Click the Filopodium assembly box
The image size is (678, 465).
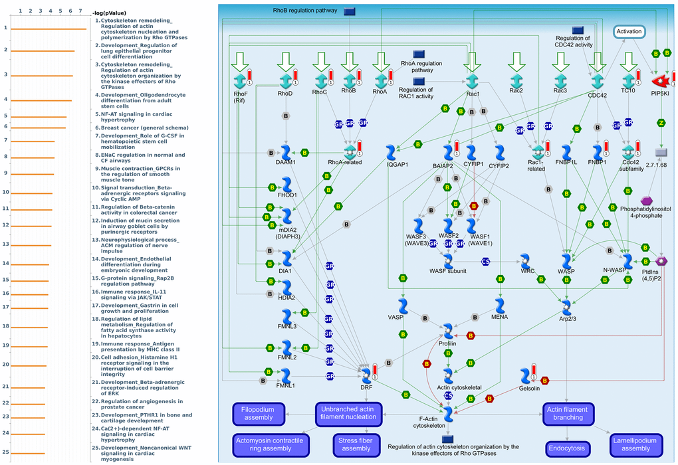click(258, 414)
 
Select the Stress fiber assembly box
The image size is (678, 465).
click(356, 444)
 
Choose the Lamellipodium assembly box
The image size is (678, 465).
click(636, 444)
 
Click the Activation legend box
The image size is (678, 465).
click(629, 32)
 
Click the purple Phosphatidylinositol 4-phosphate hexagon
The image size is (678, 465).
click(646, 201)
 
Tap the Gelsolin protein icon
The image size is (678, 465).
click(525, 376)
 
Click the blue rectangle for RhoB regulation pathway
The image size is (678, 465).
click(349, 11)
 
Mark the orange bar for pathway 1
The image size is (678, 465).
click(49, 29)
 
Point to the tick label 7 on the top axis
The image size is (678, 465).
click(80, 11)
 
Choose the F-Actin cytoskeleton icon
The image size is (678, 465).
click(448, 414)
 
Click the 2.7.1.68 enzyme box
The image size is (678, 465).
click(661, 153)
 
